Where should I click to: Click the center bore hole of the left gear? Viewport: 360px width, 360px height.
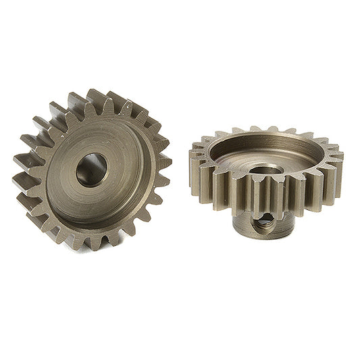click(x=91, y=169)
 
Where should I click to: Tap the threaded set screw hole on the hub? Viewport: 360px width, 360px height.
click(x=260, y=217)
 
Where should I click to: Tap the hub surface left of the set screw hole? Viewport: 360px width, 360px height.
click(x=240, y=220)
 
